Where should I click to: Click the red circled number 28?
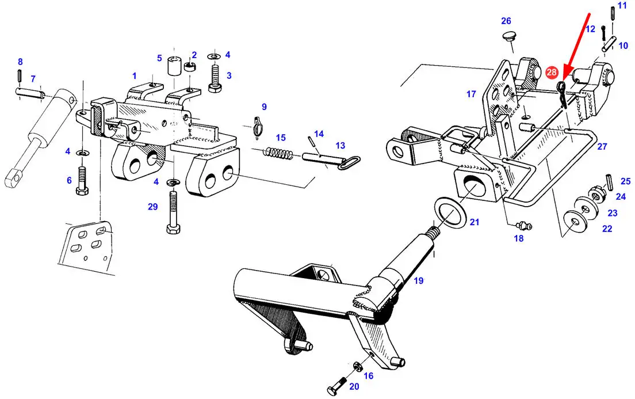[x=552, y=72]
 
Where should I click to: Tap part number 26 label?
[x=506, y=21]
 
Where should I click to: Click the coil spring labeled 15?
[x=278, y=153]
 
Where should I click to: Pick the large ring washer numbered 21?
[x=450, y=213]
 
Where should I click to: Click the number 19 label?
[x=418, y=280]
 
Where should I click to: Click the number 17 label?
[x=471, y=94]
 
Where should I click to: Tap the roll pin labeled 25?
[x=610, y=181]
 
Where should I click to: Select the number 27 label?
[x=602, y=146]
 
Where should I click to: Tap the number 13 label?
[x=340, y=145]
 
